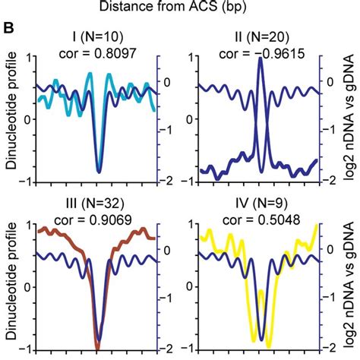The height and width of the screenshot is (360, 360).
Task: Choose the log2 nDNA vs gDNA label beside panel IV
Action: click(351, 286)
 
